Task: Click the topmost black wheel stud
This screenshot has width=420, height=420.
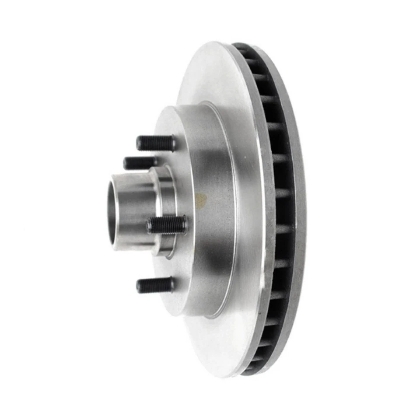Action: coord(155,143)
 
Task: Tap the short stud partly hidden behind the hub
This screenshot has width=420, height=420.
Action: coord(139,163)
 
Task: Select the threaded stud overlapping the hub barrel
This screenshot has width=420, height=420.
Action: coord(166,225)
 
